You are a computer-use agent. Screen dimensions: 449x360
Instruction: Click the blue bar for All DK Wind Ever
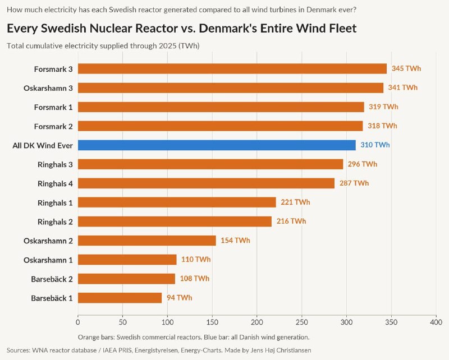click(217, 145)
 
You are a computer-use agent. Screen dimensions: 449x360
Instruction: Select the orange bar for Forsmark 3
click(232, 68)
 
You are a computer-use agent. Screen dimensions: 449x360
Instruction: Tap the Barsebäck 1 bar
click(120, 298)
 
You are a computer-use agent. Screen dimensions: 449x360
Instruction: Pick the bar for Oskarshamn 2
click(147, 241)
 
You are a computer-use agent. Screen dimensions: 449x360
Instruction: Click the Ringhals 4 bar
click(206, 183)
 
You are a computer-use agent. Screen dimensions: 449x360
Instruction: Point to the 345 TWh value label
click(406, 68)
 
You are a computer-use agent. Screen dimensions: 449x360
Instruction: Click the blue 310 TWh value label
click(375, 145)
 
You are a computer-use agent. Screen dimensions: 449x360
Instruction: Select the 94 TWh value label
click(179, 298)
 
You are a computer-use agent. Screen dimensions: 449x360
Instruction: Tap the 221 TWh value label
click(295, 202)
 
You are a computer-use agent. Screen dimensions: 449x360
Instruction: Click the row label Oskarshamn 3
click(48, 88)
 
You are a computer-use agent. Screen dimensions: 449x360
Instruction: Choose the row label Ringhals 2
click(55, 222)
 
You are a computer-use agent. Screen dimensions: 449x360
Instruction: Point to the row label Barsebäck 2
click(52, 279)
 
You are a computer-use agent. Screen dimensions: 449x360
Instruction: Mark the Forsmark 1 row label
click(53, 107)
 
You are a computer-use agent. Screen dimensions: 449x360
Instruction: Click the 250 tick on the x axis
click(302, 322)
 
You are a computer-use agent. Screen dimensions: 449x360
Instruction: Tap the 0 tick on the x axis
click(78, 322)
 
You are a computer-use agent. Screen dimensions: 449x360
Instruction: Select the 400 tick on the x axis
click(436, 322)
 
